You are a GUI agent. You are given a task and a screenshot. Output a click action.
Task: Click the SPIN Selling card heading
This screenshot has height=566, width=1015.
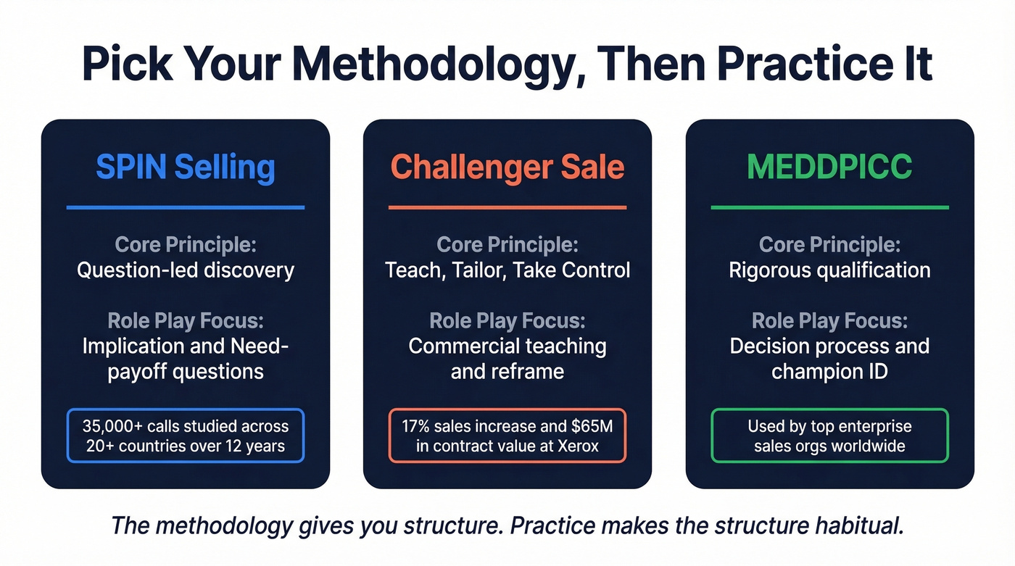tap(186, 167)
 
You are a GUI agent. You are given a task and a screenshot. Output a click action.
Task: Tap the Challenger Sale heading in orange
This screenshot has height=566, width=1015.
tap(507, 167)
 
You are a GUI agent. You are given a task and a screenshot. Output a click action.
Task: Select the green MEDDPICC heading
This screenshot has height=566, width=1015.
tap(829, 167)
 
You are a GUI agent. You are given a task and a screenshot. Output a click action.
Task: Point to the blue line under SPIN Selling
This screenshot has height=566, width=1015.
tap(186, 208)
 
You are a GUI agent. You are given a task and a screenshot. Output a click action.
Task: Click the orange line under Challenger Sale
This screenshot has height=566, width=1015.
tap(507, 208)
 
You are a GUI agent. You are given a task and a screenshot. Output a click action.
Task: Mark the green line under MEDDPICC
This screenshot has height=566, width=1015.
tap(829, 208)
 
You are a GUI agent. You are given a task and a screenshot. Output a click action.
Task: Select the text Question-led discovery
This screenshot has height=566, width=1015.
tap(186, 270)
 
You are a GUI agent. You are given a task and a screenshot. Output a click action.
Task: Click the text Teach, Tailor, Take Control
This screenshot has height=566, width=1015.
tap(507, 270)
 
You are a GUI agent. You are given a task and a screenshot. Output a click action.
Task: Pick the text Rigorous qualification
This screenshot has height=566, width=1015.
tap(829, 270)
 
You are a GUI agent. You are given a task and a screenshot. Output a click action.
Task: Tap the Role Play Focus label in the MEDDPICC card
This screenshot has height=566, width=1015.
tap(829, 320)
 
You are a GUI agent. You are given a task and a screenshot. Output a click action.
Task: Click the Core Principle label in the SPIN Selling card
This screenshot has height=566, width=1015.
tap(186, 245)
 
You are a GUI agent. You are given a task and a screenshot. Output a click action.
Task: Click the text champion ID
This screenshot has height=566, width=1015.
tap(829, 372)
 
